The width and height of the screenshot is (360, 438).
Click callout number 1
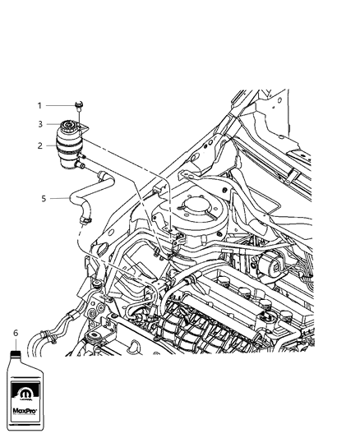click(38, 105)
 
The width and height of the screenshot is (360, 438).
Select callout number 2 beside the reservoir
click(38, 145)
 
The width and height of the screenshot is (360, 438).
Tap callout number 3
click(38, 124)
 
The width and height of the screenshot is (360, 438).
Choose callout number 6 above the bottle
click(16, 332)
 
